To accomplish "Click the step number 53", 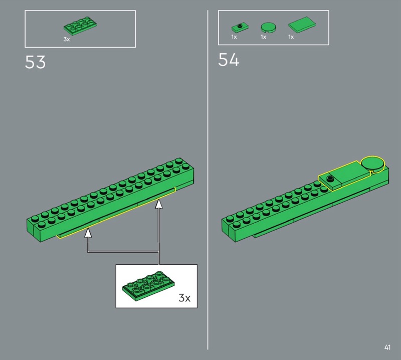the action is (x=35, y=62).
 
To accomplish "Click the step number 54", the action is (x=229, y=60).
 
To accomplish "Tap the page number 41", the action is (x=387, y=347).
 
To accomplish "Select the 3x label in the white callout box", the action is (x=184, y=298).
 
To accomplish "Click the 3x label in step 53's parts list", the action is (x=67, y=39).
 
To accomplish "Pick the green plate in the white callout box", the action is (x=148, y=286).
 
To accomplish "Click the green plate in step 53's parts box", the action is (x=80, y=26).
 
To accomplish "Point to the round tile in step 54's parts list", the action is (x=268, y=27).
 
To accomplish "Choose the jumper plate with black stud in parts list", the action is (x=240, y=27).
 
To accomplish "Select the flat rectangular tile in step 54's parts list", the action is (x=302, y=25).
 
